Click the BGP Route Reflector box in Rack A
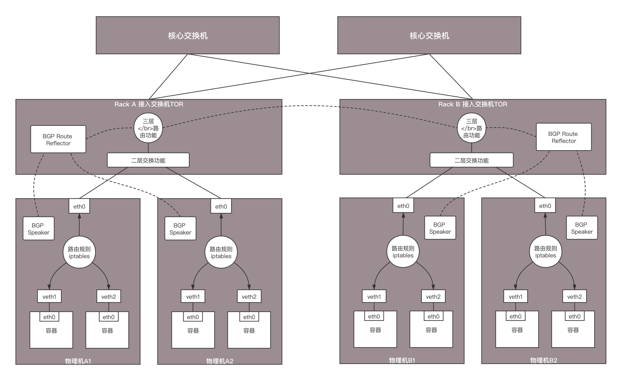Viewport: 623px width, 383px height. pos(58,139)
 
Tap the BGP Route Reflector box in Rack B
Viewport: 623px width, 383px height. pos(564,137)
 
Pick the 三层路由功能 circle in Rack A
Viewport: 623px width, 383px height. pos(148,128)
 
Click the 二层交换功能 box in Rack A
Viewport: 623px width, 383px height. pos(148,160)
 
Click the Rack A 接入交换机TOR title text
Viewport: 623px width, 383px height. pos(149,104)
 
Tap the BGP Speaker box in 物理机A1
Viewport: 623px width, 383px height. pos(38,229)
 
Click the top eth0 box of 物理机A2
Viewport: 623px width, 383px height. pos(221,206)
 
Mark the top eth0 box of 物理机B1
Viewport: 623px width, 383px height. pos(403,205)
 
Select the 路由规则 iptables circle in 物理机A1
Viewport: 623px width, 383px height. pos(79,252)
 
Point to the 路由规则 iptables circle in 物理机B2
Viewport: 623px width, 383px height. pos(546,251)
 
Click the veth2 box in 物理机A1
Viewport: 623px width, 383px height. pos(109,296)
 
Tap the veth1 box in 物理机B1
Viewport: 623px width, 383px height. pos(374,296)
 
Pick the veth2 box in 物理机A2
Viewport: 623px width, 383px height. pos(249,296)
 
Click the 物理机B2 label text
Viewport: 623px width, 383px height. pos(543,360)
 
